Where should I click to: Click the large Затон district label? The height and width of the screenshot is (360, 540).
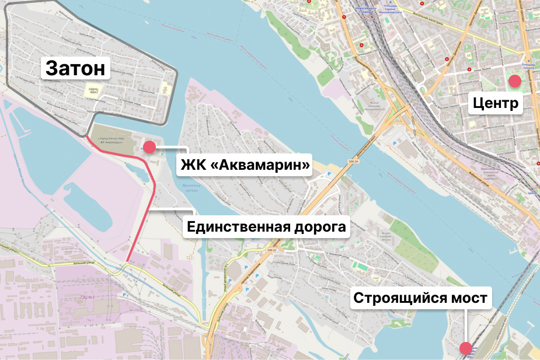[76, 68]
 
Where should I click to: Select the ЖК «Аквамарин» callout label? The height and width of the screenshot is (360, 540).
[245, 165]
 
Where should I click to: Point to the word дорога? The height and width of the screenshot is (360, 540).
[320, 227]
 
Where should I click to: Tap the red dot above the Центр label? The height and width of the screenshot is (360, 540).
[514, 81]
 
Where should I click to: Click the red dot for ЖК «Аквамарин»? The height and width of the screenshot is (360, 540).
[149, 147]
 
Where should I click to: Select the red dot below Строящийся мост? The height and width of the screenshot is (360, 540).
[466, 348]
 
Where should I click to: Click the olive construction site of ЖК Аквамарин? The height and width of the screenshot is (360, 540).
[114, 138]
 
